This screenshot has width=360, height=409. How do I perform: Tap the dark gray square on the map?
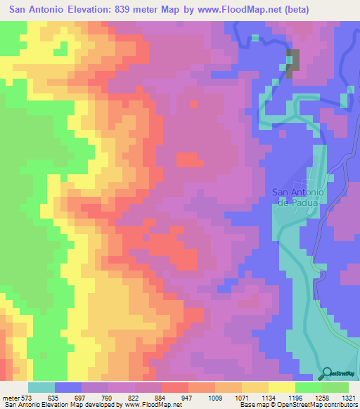tap(292, 60)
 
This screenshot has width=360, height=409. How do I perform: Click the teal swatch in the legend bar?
tap(41, 387)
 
